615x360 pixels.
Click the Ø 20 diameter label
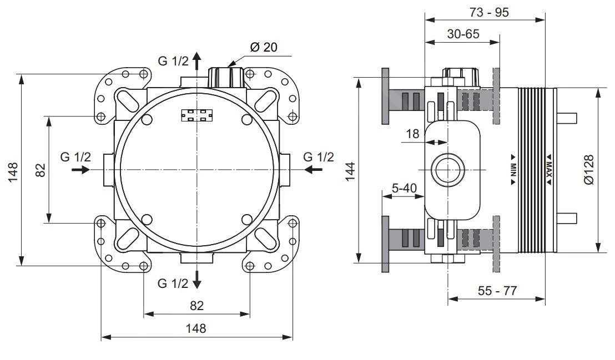tap(263, 47)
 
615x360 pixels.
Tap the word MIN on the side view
tap(513, 169)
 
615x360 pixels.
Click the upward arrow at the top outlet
tap(197, 60)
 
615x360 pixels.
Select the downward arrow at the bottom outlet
tap(197, 281)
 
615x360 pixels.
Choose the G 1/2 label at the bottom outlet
tap(173, 283)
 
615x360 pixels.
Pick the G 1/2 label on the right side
tap(319, 157)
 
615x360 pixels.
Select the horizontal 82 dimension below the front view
tap(196, 305)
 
